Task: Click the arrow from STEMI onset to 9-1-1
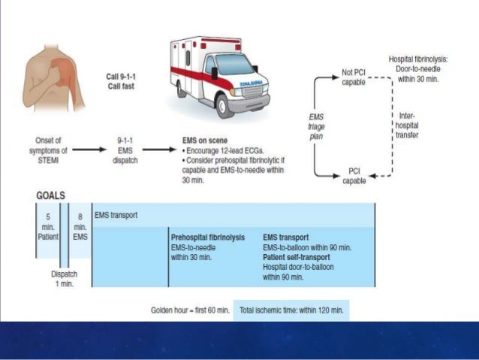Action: click(89, 148)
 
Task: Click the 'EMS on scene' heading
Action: click(206, 140)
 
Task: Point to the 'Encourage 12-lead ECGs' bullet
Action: click(228, 150)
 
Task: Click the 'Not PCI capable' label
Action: click(354, 77)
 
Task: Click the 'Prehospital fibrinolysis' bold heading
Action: click(208, 237)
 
